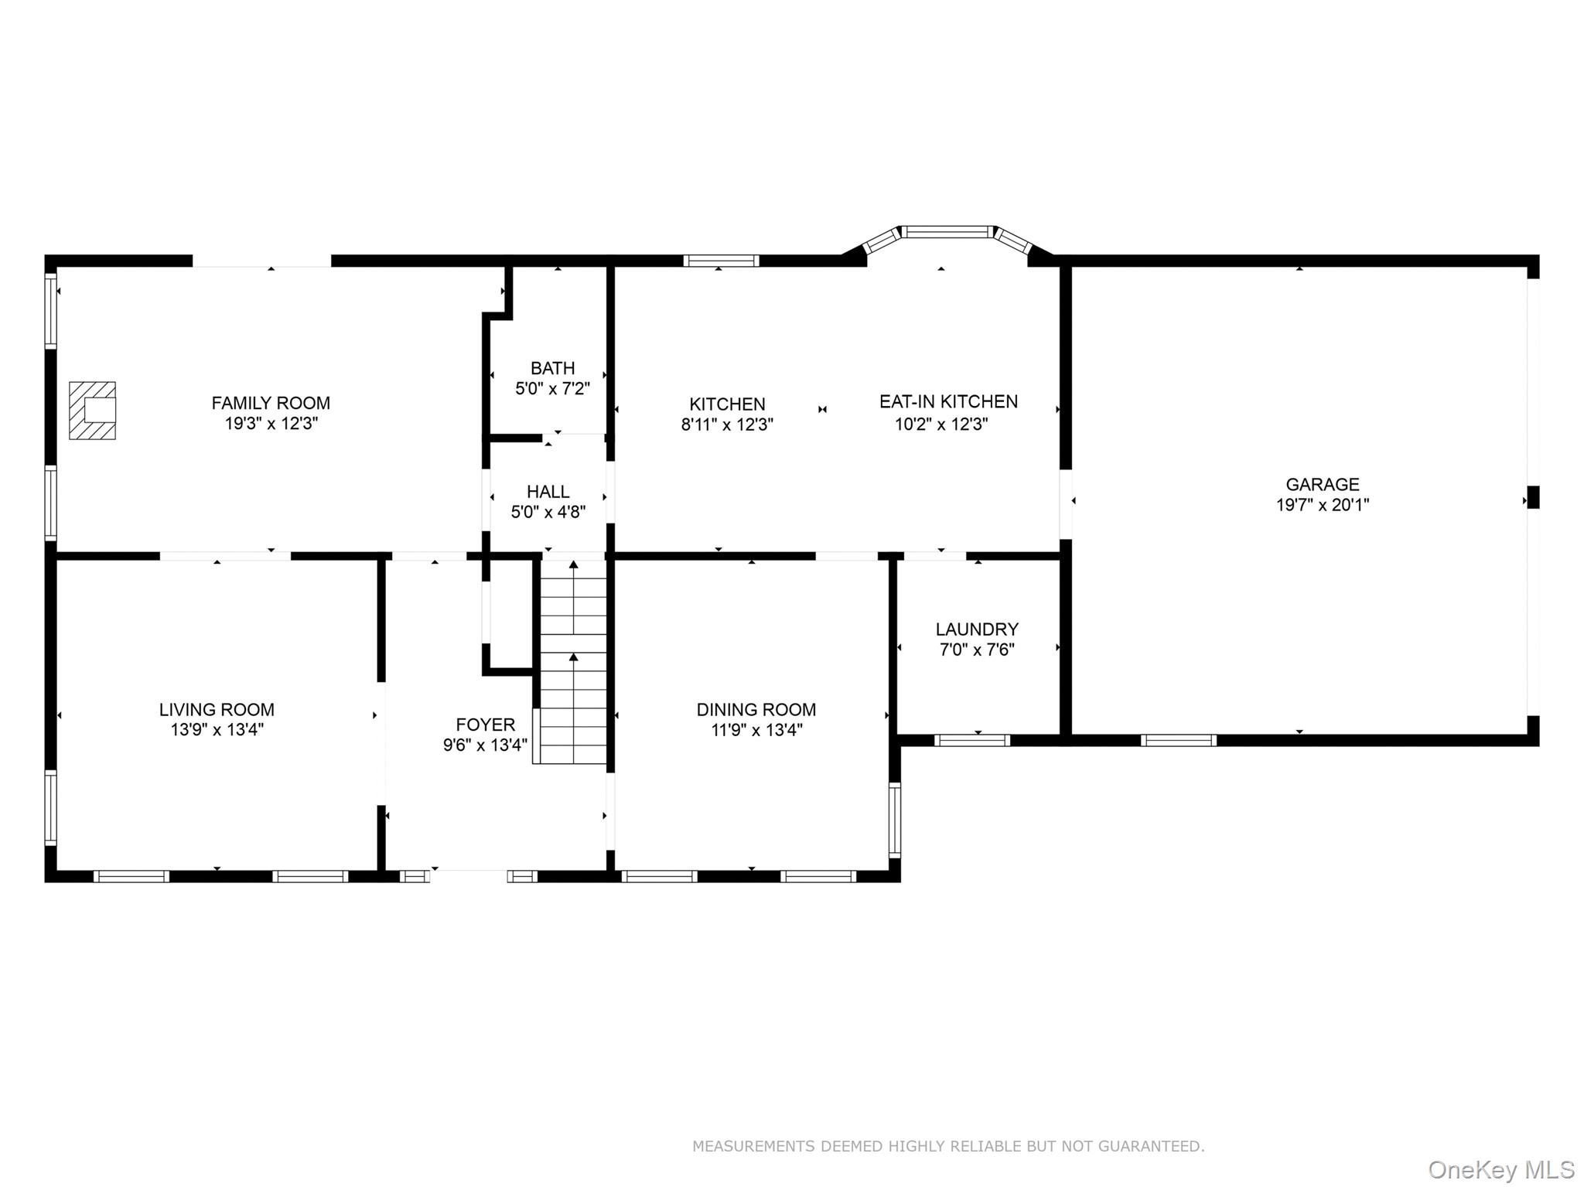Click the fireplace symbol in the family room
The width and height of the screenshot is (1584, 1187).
click(93, 411)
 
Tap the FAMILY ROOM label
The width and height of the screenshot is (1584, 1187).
click(271, 403)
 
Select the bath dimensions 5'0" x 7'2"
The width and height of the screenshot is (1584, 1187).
click(552, 389)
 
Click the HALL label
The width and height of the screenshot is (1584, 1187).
click(548, 492)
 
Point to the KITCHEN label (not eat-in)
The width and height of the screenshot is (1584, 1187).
click(727, 404)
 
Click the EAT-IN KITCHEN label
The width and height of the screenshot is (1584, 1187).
click(948, 402)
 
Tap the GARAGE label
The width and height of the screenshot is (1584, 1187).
click(1322, 485)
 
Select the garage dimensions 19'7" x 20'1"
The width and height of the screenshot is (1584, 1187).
click(1322, 506)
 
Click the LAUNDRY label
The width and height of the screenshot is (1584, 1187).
click(977, 629)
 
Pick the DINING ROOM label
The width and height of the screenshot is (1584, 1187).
click(756, 710)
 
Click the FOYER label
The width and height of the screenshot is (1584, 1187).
click(485, 725)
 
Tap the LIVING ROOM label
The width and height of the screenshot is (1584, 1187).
click(217, 710)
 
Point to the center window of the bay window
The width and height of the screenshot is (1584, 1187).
click(947, 231)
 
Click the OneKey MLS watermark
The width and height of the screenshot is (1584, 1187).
click(1500, 1170)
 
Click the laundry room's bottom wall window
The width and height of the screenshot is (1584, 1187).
click(972, 741)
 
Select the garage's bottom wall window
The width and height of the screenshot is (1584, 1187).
click(1178, 741)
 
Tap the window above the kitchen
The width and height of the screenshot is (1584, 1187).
click(721, 261)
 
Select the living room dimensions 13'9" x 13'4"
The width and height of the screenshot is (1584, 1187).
click(217, 730)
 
